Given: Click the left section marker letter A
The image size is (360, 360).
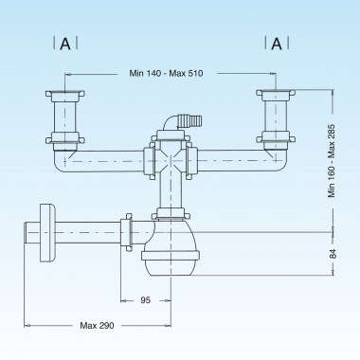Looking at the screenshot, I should [x=64, y=44].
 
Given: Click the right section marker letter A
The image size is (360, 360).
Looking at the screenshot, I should [x=277, y=44].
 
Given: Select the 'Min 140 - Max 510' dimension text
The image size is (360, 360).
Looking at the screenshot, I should [x=170, y=73].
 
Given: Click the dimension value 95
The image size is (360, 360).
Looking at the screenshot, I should [x=145, y=301].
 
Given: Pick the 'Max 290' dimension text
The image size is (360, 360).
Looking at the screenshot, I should [x=98, y=326].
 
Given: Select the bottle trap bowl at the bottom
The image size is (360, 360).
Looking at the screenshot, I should [x=171, y=259].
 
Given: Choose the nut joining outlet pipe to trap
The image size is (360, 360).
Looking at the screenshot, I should [x=126, y=228].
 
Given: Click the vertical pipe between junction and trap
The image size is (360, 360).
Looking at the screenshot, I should [x=170, y=194].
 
